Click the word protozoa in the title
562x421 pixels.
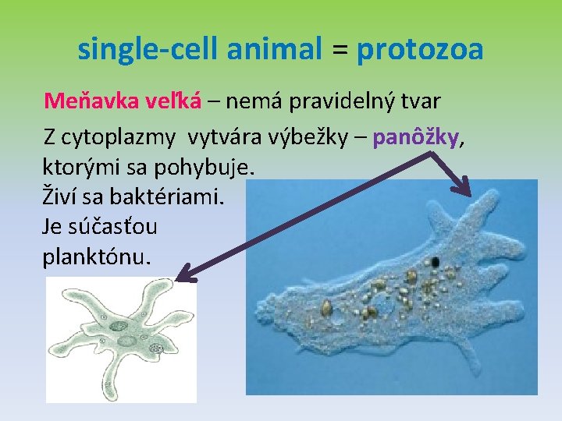click(420, 50)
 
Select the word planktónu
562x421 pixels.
click(94, 256)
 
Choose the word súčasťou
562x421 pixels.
click(112, 227)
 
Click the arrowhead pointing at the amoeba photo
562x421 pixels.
click(466, 189)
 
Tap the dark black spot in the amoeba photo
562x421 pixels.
click(435, 260)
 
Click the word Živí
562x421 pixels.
click(59, 196)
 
